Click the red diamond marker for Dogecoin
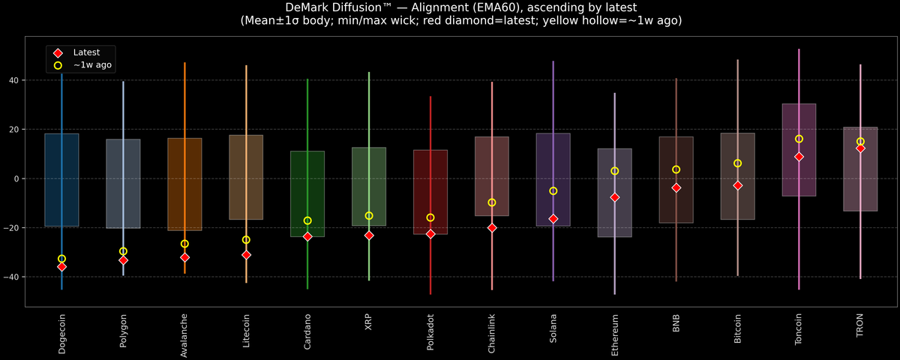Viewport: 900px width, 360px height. click(x=61, y=266)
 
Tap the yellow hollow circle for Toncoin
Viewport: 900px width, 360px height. click(x=799, y=139)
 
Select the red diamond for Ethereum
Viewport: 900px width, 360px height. click(x=615, y=197)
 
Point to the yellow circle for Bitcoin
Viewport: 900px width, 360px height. click(x=737, y=163)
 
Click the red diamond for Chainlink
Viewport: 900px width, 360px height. click(x=492, y=227)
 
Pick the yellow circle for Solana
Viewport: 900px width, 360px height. click(x=553, y=190)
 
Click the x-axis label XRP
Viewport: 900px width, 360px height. click(x=369, y=322)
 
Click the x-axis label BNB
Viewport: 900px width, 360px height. click(x=676, y=323)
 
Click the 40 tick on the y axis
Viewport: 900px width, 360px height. click(x=16, y=80)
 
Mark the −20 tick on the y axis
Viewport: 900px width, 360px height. click(x=13, y=228)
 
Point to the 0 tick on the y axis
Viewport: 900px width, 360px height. click(x=19, y=178)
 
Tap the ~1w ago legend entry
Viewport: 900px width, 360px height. click(x=92, y=66)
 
